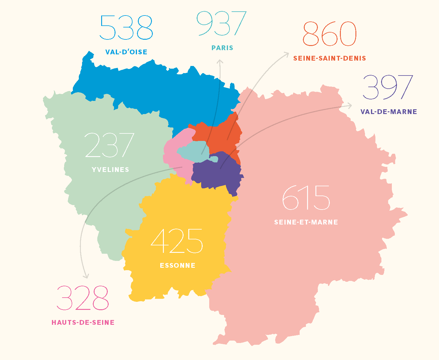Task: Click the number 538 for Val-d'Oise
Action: click(126, 28)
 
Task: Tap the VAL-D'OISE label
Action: click(126, 52)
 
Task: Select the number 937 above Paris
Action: click(221, 24)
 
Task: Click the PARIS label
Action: click(222, 48)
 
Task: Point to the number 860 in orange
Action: click(329, 34)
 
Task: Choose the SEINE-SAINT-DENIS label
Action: click(329, 58)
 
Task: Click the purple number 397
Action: click(388, 87)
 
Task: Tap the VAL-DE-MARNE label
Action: click(389, 112)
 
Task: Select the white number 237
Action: click(110, 145)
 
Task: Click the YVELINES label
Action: click(110, 170)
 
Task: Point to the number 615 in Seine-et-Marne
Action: click(306, 198)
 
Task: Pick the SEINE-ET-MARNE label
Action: click(306, 222)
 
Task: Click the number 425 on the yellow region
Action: click(177, 241)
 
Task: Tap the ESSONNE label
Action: click(178, 265)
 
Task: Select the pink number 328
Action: click(83, 298)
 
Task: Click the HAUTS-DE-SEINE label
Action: click(83, 322)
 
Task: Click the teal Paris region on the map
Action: click(192, 151)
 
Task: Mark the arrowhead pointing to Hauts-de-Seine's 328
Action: click(86, 276)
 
